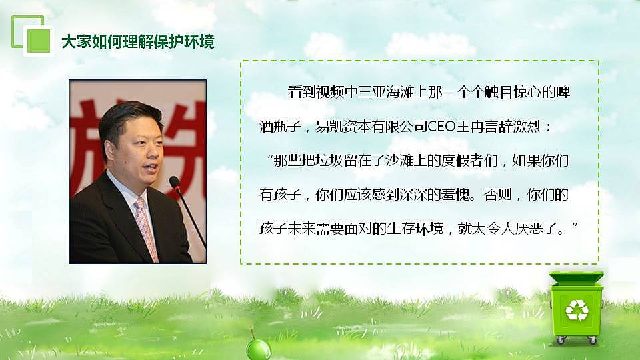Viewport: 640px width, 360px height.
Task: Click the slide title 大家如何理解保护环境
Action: pos(138,41)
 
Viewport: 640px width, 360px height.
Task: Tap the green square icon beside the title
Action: pos(39,40)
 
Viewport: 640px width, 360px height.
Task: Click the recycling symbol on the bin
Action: pos(577,309)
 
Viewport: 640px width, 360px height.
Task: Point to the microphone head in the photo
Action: pos(175,181)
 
